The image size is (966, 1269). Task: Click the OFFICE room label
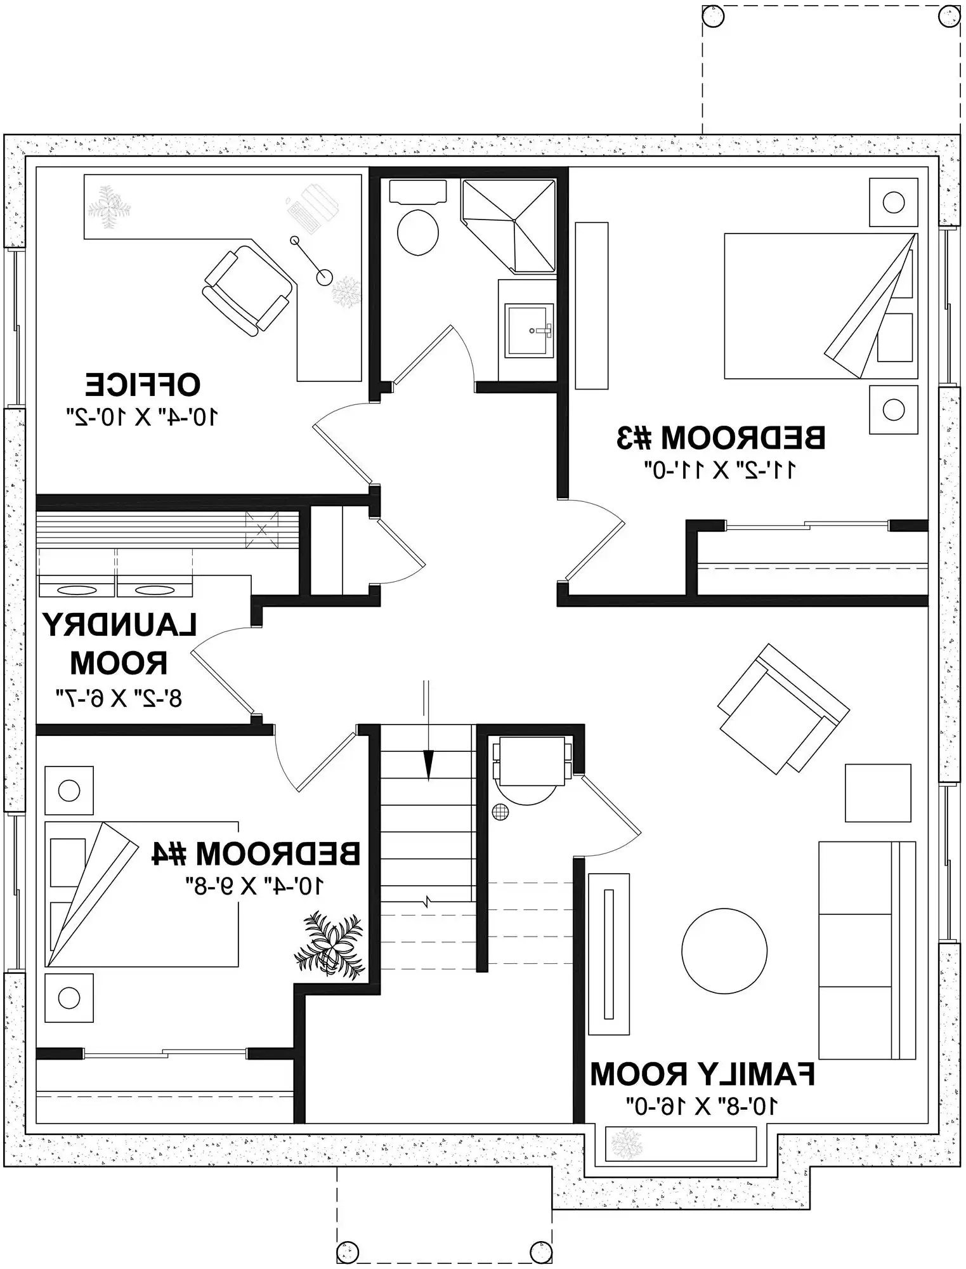click(x=143, y=385)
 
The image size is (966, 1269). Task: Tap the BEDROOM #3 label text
click(x=721, y=438)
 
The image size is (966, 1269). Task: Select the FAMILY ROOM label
click(x=702, y=1074)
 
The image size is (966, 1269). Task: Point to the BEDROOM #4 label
click(x=256, y=854)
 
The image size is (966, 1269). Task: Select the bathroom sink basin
click(x=528, y=329)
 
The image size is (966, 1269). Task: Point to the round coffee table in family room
click(x=724, y=950)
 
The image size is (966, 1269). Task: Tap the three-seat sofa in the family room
click(x=866, y=950)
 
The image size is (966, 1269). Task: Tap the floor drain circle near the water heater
click(x=500, y=811)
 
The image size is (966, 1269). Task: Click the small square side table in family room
click(x=877, y=793)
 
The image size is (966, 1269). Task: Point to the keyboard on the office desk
click(x=303, y=216)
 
